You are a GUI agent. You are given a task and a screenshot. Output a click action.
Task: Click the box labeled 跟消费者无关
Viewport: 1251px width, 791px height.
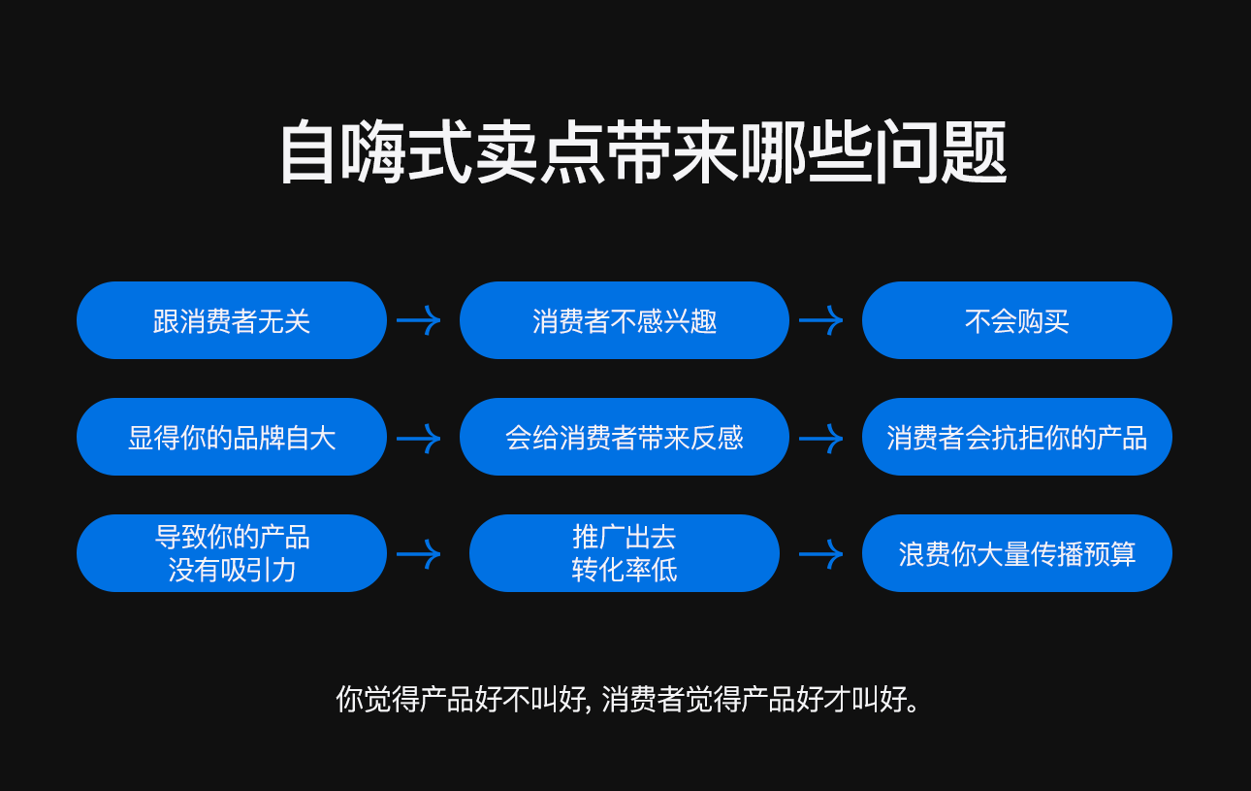tap(232, 320)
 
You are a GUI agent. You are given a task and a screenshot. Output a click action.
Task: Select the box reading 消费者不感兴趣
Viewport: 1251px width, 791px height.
tap(624, 320)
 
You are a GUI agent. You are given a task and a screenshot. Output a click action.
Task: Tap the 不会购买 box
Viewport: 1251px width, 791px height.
tap(1016, 320)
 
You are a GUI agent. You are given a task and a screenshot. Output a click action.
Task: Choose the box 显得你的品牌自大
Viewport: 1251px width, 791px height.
tap(232, 437)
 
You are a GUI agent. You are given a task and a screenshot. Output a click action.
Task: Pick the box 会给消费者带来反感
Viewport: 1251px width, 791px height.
tap(624, 437)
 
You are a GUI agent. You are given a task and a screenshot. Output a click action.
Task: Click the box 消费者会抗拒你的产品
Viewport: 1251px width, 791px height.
tap(1016, 437)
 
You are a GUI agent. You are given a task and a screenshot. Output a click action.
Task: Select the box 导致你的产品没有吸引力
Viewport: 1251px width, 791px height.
tap(232, 553)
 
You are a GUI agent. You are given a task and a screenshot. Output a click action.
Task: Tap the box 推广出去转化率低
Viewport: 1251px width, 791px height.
tap(624, 553)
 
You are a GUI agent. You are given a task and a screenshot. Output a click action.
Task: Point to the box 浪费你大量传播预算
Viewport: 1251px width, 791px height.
tap(1016, 553)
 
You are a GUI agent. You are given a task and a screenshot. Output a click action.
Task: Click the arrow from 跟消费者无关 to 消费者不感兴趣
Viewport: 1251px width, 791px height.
tap(419, 320)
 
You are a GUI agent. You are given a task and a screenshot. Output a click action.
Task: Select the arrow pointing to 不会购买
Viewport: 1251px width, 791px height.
tap(820, 320)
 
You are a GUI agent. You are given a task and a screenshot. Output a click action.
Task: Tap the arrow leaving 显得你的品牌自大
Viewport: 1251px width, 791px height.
tap(419, 438)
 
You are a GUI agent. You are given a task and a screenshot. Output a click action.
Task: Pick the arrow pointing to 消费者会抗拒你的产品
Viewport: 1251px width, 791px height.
tap(820, 438)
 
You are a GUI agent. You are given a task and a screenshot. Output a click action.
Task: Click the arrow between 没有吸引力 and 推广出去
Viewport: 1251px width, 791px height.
tap(419, 554)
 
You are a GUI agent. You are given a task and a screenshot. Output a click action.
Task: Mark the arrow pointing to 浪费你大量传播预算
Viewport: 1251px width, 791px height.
tap(820, 554)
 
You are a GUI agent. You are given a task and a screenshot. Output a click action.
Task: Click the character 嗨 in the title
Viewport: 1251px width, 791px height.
tap(371, 153)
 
